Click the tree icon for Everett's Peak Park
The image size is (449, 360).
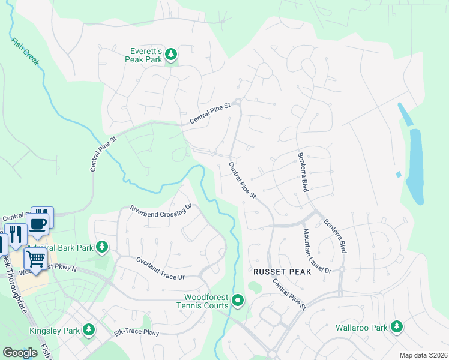coord(171,55)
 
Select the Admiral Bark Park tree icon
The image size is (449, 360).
coord(102,247)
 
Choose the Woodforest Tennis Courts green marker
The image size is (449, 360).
coord(238,300)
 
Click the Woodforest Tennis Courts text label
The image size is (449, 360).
coord(206,301)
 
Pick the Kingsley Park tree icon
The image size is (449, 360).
coord(89,330)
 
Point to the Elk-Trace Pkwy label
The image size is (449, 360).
coord(136,331)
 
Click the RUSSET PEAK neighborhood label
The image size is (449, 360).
coord(282,272)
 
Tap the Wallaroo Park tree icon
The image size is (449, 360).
coord(396,327)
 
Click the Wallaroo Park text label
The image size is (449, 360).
coord(361,328)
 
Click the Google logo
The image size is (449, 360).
coord(20,353)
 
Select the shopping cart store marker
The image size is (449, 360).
coord(35,259)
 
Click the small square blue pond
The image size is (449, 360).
coord(398,175)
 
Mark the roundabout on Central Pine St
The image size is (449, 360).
coord(238,101)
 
